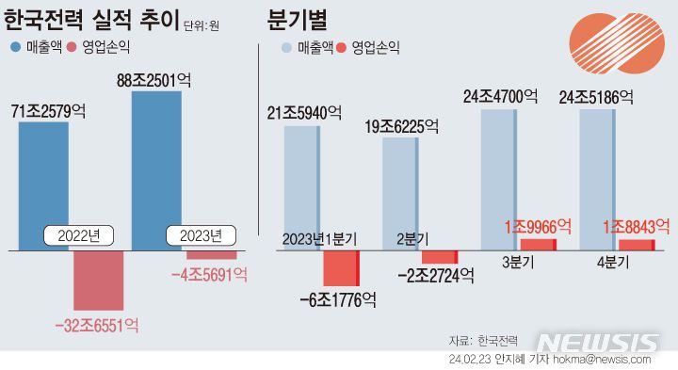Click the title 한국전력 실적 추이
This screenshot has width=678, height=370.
91,20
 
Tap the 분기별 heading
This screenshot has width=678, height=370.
305,20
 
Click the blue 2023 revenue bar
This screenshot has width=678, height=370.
155,160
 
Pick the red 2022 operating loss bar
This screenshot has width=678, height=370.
98,281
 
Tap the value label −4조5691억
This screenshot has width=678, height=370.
209,274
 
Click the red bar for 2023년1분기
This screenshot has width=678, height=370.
341,268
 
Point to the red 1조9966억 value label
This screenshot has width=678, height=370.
538,226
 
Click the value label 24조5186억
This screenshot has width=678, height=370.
595,96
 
